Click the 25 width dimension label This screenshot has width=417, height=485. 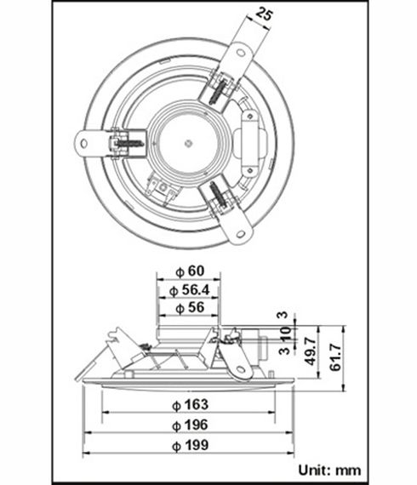[265, 16]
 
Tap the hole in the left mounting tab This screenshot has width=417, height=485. [86, 142]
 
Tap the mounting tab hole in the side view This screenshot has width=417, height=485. [242, 370]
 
